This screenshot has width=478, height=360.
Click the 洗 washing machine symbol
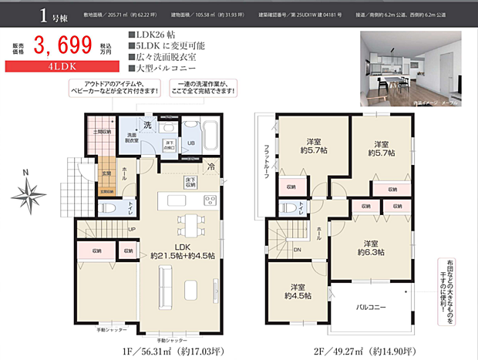tap(147, 124)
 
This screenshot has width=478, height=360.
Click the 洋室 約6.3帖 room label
tap(374, 247)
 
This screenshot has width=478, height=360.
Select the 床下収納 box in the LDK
tap(190, 183)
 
